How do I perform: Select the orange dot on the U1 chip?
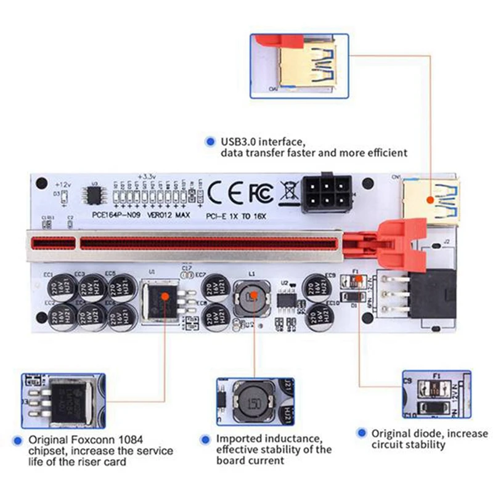[165, 297]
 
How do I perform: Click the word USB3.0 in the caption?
[236, 142]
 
